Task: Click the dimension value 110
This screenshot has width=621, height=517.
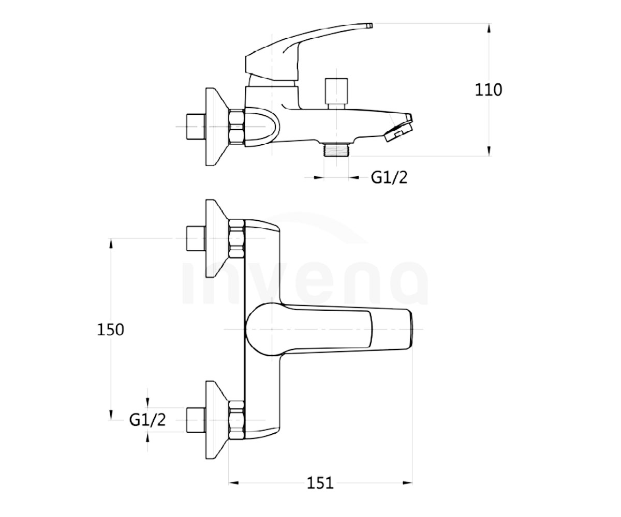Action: [488, 90]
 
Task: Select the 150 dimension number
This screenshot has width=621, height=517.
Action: [110, 330]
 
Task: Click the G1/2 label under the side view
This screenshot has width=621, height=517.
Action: [389, 178]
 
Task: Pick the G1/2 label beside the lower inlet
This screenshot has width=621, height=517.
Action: [147, 420]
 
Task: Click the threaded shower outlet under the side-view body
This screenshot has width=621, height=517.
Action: [336, 149]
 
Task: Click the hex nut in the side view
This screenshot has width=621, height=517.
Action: [236, 127]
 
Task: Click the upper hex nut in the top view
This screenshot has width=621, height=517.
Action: [236, 238]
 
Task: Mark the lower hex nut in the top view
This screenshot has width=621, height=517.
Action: [236, 420]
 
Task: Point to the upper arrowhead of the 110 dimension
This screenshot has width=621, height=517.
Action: [489, 29]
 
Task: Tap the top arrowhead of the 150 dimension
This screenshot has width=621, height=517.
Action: [111, 244]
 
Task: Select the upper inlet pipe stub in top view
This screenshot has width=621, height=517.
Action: [196, 238]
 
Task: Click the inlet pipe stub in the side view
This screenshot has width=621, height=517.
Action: [196, 127]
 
